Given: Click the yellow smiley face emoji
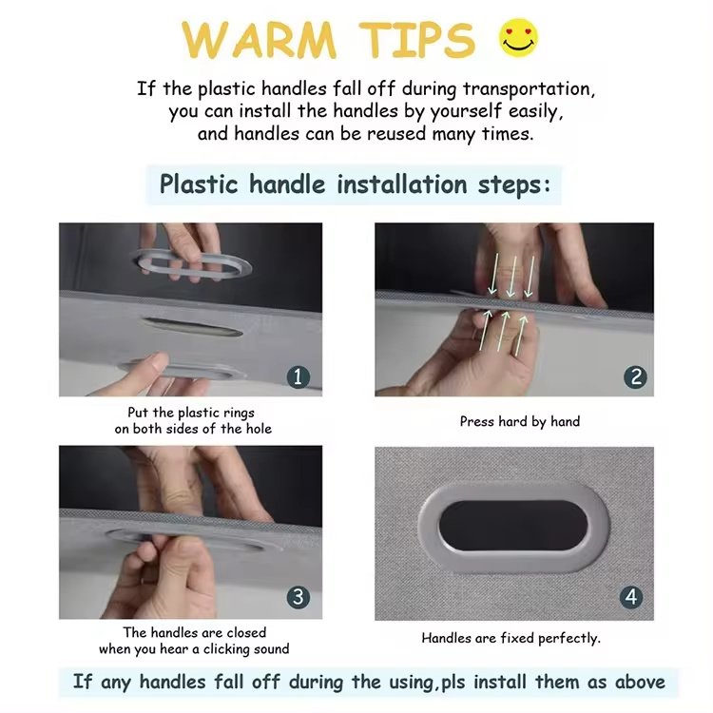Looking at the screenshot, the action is [518, 38].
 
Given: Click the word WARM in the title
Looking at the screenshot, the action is [260, 40].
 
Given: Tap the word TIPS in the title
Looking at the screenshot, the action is [417, 40].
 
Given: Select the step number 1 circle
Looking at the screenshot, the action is [299, 377].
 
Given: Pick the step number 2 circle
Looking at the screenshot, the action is [636, 377].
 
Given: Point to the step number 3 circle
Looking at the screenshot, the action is [299, 597].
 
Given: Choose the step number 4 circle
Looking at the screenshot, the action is [631, 597].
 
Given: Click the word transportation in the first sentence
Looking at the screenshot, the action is [529, 88].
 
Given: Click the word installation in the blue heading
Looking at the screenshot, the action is [402, 184].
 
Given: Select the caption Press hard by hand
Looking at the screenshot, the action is [520, 421].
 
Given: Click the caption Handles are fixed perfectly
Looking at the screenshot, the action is [511, 639].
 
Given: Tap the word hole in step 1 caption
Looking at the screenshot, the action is [259, 429].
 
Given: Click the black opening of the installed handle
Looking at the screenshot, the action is [513, 526].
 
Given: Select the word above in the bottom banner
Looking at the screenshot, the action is [640, 682].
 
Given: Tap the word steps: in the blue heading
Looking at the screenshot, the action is [513, 185].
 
